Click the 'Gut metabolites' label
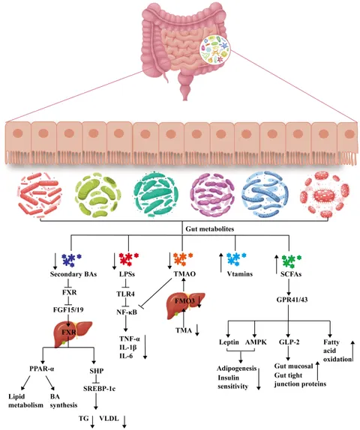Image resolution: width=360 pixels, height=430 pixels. pos(210,228)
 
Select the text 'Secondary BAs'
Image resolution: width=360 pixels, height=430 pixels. pos(73,274)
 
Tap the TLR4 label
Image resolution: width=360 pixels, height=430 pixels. pos(125,294)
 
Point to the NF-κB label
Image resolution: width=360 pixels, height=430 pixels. pos(127,312)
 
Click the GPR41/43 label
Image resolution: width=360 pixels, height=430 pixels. pos(292,300)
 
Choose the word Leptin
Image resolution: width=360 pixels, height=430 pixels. pos(229,342)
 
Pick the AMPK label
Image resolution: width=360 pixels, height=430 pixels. pos(256,342)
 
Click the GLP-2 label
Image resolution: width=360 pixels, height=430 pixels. pos(289,342)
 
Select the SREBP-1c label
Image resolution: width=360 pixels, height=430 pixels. pos(100,388)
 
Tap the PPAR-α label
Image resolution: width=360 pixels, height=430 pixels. pos(42,369)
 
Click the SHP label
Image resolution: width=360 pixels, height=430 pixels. pos(97,371)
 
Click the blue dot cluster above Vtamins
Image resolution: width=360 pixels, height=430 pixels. pos(236,258)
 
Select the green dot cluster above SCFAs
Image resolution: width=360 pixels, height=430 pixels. pos(292,261)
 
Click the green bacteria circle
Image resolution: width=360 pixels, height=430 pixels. pos(97,195)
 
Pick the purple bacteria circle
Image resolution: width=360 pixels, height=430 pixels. pos(212,195)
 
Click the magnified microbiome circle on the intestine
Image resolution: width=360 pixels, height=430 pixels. pos(214,49)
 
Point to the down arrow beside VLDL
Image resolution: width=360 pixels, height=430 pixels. pos(125,421)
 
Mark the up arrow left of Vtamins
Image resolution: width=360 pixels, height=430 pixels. pos(221,263)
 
